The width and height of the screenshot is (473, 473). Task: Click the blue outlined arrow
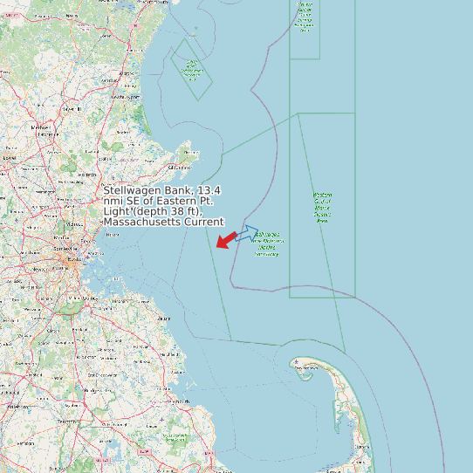coord(247,233)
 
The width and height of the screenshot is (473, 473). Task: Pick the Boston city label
coord(73,259)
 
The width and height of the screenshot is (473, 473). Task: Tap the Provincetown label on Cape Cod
coord(305,369)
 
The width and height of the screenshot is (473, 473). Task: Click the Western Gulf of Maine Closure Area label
coord(323,209)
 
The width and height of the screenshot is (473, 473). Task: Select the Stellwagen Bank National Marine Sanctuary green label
coord(267,244)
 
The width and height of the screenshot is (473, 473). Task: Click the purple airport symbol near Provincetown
coord(297,361)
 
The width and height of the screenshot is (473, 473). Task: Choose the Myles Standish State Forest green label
coord(175,435)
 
